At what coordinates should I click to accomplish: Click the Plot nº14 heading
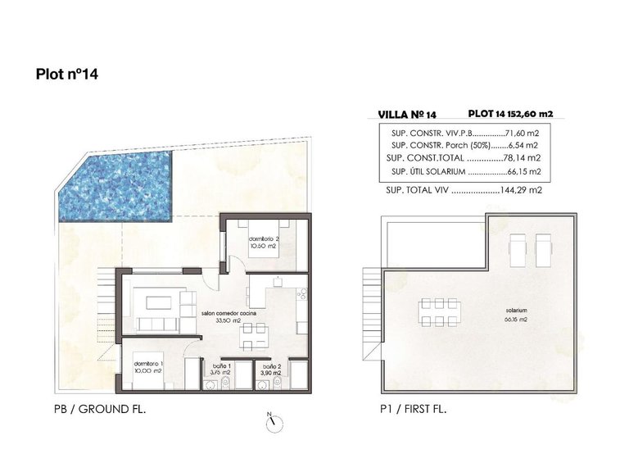click(68, 75)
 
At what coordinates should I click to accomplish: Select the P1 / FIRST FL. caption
click(415, 407)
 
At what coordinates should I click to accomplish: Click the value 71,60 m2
click(526, 132)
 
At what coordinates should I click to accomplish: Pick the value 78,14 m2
click(527, 158)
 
